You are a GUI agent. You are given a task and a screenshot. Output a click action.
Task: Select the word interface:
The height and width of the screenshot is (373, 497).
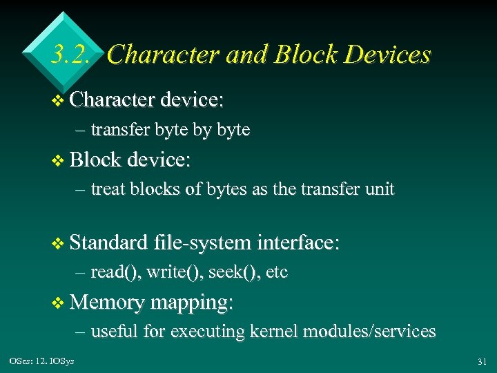[298, 242]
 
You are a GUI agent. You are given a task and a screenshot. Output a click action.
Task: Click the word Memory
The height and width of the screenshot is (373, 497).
[106, 302]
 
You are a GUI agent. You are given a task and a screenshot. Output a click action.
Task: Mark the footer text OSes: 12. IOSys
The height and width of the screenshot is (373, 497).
[42, 361]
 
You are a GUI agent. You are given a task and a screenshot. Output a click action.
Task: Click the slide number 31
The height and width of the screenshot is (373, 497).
[481, 361]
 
